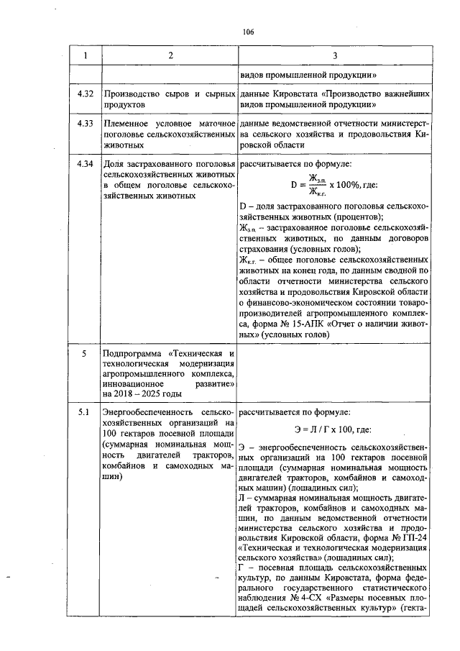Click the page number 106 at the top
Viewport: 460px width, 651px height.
(249, 32)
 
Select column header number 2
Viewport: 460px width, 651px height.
(170, 55)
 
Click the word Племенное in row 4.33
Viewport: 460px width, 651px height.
(126, 124)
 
